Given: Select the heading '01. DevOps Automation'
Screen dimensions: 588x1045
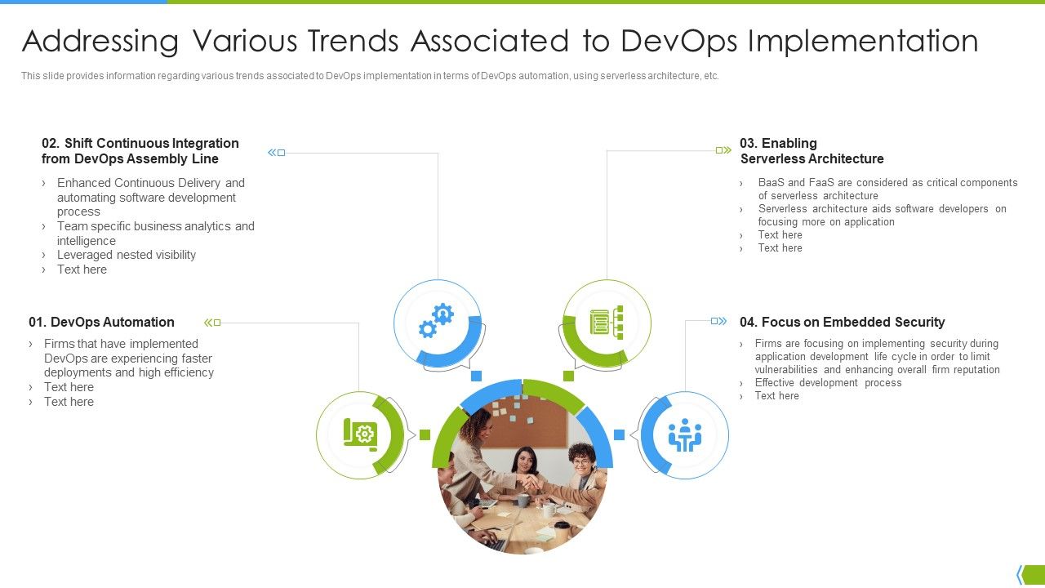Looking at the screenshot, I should coord(101,322).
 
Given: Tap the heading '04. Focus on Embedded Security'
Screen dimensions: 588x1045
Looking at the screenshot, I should coord(842,322).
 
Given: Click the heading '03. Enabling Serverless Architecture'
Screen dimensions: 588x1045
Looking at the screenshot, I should coord(812,151).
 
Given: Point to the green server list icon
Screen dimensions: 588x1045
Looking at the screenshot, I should coord(607,322).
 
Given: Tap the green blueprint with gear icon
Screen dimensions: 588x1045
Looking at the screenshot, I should coord(360,434).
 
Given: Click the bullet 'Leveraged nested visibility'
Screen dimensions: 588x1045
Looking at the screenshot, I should coord(127,255).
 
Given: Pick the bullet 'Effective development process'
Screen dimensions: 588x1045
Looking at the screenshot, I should coord(828,382).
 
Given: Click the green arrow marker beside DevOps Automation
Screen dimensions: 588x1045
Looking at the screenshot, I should coord(212,323).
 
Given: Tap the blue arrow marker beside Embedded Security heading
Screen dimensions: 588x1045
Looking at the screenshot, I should coord(718,321).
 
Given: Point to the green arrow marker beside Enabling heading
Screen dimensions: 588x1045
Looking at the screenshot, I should coord(723,150).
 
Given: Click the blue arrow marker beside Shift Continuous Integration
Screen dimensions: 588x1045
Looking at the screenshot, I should coord(277,153).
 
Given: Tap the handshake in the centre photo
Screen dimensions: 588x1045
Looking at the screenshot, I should coord(533,483).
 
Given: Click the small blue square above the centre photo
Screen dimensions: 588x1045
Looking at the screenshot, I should coord(477,376).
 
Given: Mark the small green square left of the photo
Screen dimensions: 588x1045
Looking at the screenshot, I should coord(425,434).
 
